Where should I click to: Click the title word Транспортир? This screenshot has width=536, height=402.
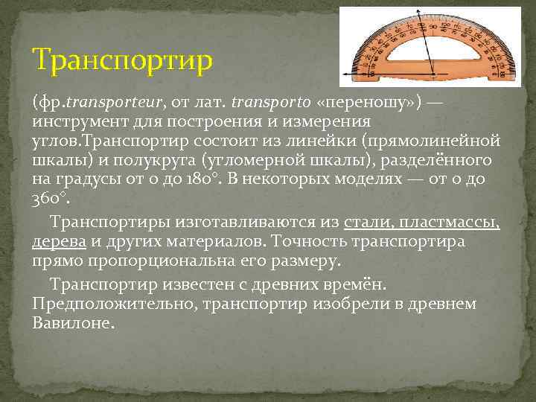(123, 58)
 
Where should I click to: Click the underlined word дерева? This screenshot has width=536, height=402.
(60, 242)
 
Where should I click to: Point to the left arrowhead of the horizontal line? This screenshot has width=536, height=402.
(344, 74)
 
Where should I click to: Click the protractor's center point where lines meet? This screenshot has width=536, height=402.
(434, 74)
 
